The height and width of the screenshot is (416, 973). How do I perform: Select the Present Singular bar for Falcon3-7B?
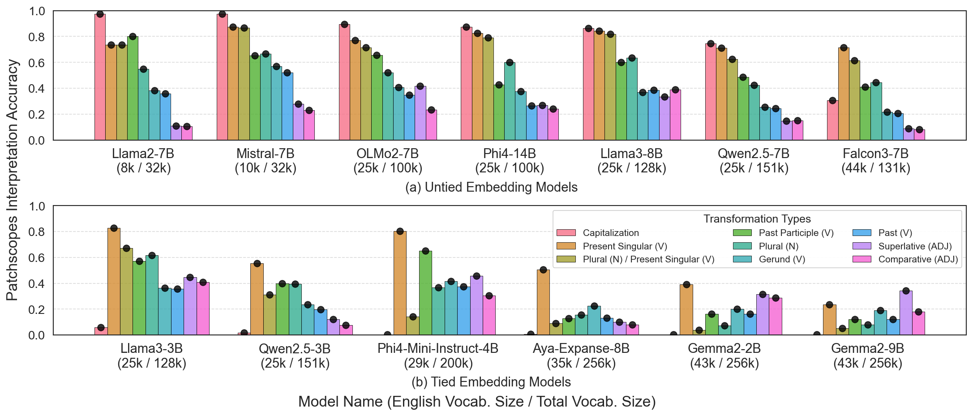pos(844,94)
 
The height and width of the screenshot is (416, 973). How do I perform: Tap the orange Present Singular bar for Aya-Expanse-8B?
pos(543,302)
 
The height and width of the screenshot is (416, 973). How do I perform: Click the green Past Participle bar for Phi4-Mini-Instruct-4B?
pos(425,293)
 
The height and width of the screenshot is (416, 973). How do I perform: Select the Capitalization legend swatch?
pos(566,233)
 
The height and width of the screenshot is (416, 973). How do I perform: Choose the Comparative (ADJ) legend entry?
pos(917,259)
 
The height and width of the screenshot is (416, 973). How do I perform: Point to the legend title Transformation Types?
pos(757,219)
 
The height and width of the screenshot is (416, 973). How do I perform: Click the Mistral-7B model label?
pos(266,154)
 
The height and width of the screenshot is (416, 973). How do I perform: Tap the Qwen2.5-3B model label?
pos(295,348)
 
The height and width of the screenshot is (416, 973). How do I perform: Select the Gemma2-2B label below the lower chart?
pos(724,348)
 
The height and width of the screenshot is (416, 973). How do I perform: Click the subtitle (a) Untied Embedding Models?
pos(491,187)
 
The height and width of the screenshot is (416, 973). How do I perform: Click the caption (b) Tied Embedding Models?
pos(491,382)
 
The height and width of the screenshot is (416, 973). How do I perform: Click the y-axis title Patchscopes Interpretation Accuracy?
pos(13,179)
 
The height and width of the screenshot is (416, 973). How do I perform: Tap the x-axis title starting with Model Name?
pos(477,402)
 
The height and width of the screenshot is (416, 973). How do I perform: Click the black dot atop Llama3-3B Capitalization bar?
pos(101,328)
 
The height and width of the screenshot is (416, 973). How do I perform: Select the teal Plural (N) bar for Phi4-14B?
pos(510,101)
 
